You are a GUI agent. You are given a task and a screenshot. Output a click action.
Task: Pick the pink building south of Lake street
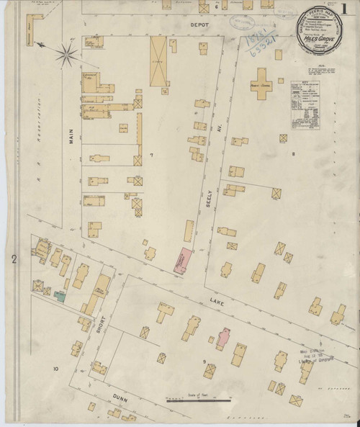coord(224,336)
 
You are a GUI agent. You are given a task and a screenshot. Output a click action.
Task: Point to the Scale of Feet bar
coord(193,401)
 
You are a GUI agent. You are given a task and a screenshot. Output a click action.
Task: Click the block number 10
coord(55,369)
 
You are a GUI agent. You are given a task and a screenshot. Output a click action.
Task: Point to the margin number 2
coord(14,257)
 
